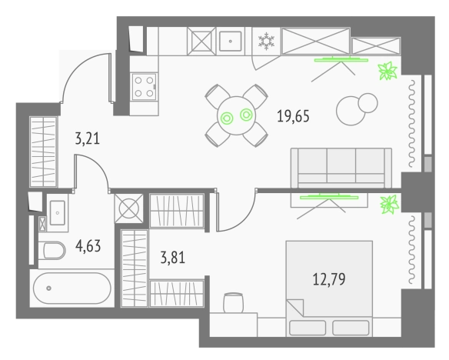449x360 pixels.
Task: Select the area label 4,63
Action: point(88,248)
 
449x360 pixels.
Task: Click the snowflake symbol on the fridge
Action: point(265,40)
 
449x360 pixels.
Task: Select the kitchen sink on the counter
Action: point(228,40)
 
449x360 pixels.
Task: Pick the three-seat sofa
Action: point(338,165)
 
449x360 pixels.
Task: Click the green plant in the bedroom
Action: point(389,204)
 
